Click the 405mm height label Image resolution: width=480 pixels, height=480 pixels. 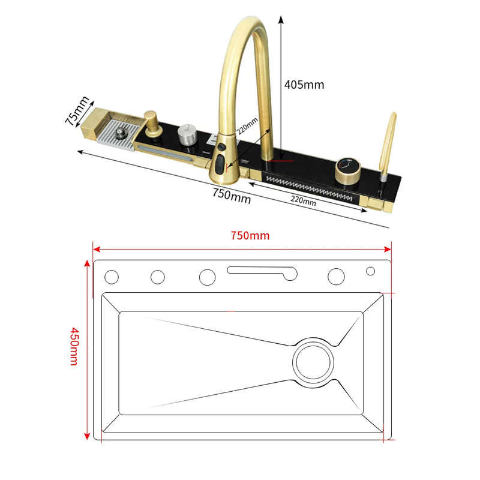pos(304,85)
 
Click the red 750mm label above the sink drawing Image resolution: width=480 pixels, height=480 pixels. pos(250,235)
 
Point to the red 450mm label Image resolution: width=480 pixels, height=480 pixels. pos(74,346)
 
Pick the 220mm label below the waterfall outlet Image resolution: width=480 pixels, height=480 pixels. pos(302,202)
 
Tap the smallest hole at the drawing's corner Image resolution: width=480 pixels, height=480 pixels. pos(370,271)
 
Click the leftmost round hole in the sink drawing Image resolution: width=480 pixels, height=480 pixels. pos(112,277)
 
